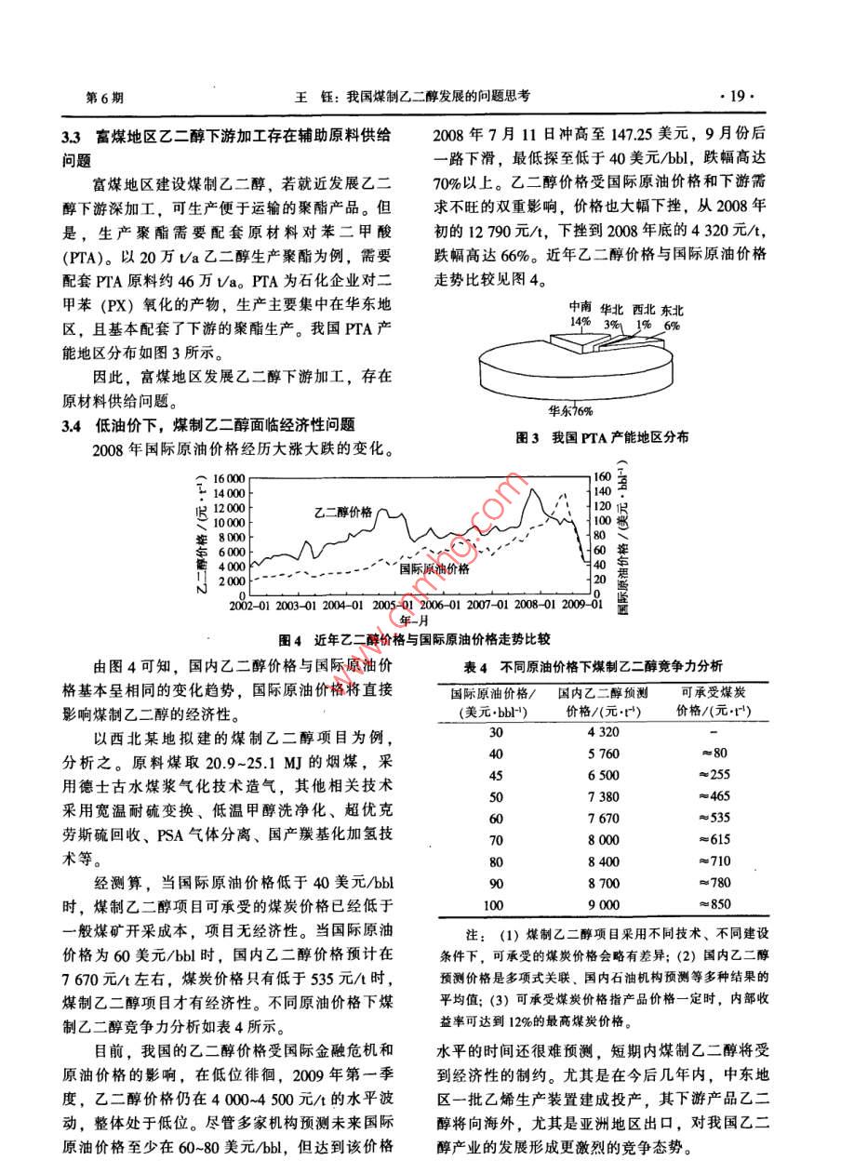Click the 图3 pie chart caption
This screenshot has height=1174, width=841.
(x=590, y=436)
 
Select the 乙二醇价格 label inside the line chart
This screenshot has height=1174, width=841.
(x=342, y=512)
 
